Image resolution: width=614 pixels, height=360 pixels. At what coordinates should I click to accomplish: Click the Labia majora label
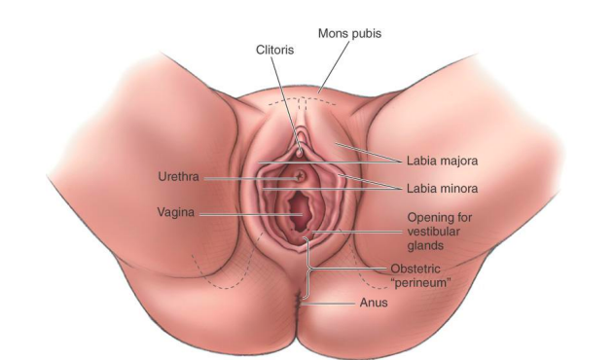pyautogui.click(x=442, y=161)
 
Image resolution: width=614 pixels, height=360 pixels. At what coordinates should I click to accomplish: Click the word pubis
pyautogui.click(x=371, y=33)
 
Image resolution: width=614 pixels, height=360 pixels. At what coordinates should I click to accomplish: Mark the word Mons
pyautogui.click(x=335, y=33)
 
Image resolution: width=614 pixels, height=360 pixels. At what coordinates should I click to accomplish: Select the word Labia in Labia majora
pyautogui.click(x=419, y=161)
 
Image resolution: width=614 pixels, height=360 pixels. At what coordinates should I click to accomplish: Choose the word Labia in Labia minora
pyautogui.click(x=419, y=189)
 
